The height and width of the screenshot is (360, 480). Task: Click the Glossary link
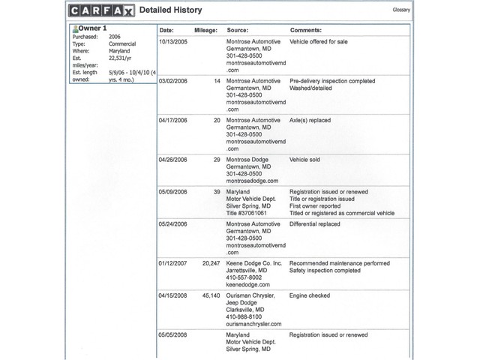400,11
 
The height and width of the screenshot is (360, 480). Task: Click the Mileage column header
205,30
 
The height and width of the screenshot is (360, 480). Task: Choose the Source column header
238,30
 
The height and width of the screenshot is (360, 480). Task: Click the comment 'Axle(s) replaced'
310,120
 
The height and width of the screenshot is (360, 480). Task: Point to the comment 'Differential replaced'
315,223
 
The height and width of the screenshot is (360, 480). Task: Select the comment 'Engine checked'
310,295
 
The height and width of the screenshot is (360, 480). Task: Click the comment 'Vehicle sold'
305,160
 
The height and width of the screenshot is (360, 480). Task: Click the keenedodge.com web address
250,285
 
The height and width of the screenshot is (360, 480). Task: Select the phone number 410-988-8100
244,316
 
